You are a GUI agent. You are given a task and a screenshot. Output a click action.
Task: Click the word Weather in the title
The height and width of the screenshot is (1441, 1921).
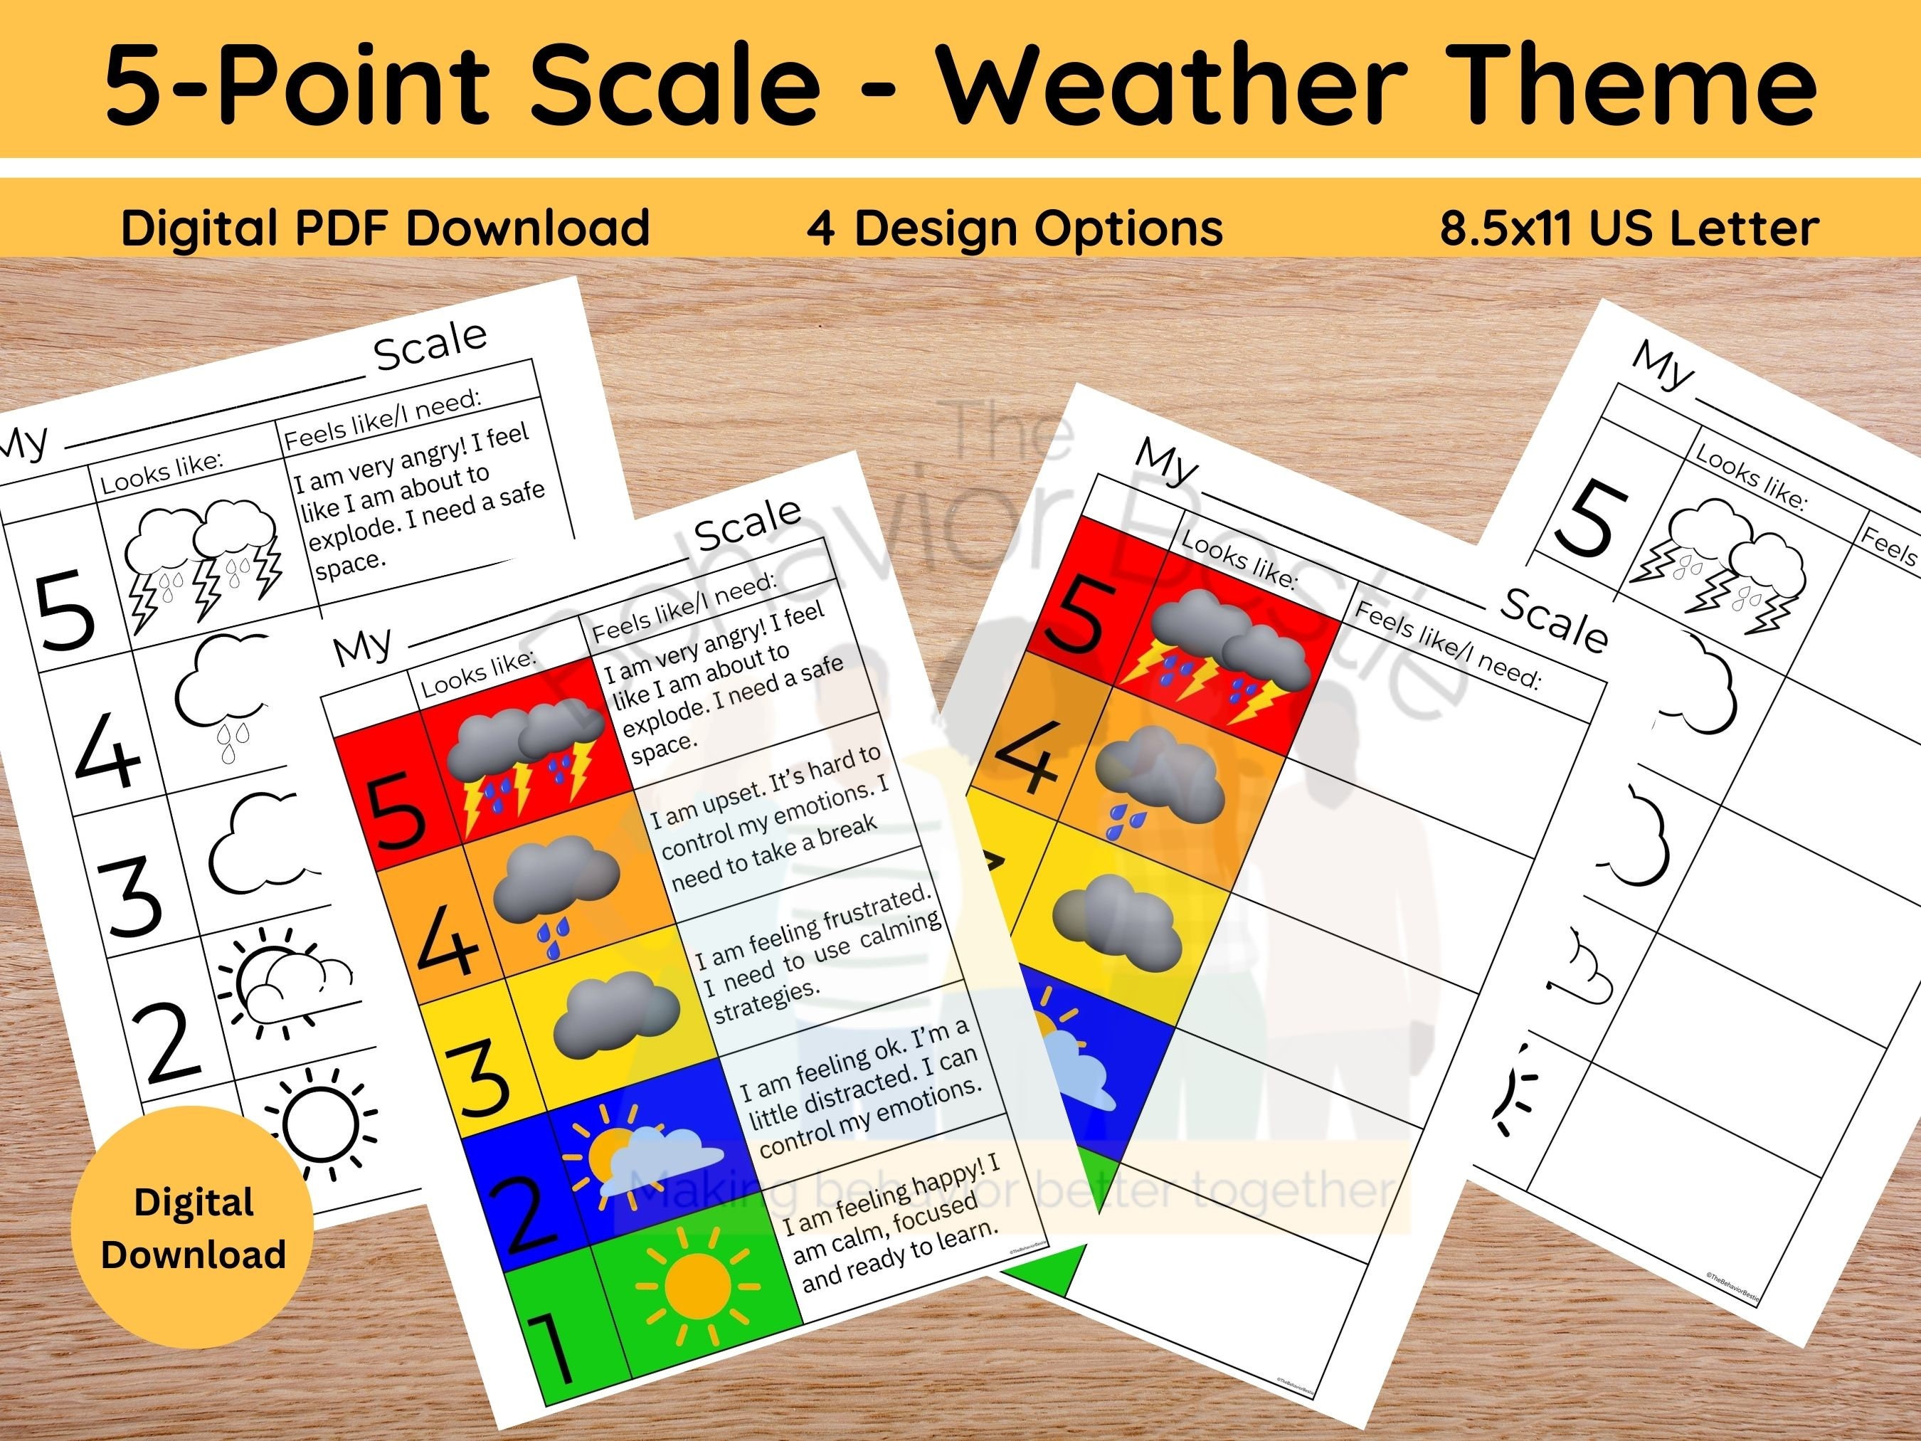pyautogui.click(x=1173, y=84)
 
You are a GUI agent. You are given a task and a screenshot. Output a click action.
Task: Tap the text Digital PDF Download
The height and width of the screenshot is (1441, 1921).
pyautogui.click(x=386, y=228)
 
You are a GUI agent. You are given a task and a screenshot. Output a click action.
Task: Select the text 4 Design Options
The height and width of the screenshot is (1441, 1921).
pyautogui.click(x=1015, y=228)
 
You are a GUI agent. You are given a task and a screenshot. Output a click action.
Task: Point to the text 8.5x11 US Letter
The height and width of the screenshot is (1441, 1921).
pyautogui.click(x=1629, y=228)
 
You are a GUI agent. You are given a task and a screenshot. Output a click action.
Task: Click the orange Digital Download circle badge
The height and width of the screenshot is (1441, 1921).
pyautogui.click(x=193, y=1228)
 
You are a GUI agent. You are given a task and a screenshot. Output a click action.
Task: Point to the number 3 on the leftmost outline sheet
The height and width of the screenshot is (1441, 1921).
pyautogui.click(x=132, y=894)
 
